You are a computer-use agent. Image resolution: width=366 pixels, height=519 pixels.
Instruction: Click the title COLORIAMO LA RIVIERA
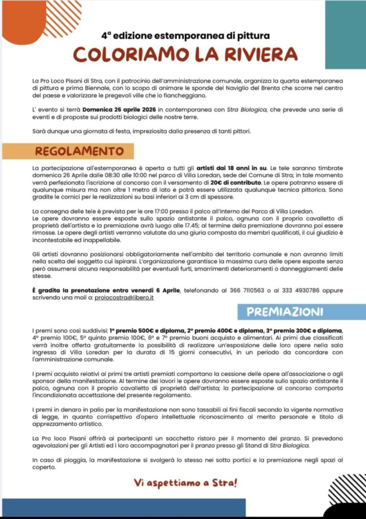click(x=185, y=55)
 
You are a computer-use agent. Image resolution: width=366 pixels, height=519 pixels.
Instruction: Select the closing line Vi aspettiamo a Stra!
click(x=185, y=483)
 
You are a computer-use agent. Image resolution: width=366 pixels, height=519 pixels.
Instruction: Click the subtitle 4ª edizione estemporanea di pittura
click(x=185, y=35)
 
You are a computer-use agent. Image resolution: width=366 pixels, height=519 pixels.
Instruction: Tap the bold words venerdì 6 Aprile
click(x=154, y=290)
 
